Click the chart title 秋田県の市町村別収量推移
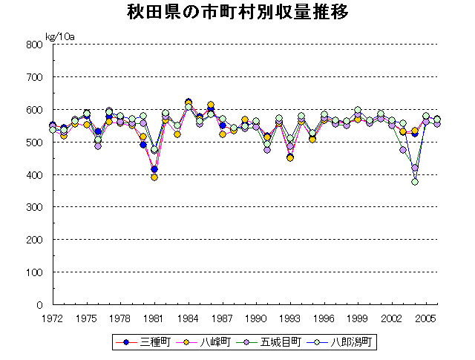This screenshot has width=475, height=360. point(237,14)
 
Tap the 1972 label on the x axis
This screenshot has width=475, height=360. point(52,317)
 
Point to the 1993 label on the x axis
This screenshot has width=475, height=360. point(289,317)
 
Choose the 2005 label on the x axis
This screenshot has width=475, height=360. point(425,317)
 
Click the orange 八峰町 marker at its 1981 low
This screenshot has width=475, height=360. point(154,177)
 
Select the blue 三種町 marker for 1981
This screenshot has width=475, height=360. point(154,169)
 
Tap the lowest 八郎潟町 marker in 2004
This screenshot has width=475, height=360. point(414,181)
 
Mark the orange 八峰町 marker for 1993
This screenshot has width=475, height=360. point(290,158)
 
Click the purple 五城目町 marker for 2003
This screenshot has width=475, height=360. point(403,150)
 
